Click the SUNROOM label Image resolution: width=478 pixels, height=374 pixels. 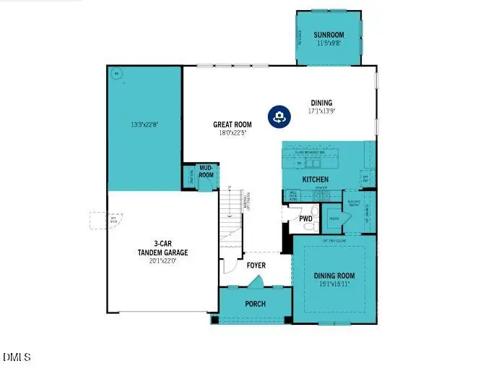(x=329, y=35)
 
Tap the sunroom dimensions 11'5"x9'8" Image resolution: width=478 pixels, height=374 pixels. (x=329, y=43)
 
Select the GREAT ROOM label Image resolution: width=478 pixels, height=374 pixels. (x=231, y=124)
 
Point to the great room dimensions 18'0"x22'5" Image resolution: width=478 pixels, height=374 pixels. (x=231, y=132)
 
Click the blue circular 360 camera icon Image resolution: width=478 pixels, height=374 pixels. (x=278, y=116)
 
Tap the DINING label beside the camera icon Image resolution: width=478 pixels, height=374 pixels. (x=321, y=103)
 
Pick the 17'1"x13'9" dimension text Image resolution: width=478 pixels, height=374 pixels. (x=321, y=111)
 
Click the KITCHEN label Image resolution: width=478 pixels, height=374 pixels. (x=315, y=179)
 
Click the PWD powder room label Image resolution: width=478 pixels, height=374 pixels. (x=305, y=218)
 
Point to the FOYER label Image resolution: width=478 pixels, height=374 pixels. (x=256, y=265)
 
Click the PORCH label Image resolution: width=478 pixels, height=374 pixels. (x=255, y=303)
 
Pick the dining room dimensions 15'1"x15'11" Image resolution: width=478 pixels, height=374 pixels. (x=334, y=284)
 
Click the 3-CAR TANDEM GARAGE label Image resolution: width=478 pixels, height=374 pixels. (x=163, y=248)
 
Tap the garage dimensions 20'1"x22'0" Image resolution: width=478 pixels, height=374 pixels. (x=163, y=261)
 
